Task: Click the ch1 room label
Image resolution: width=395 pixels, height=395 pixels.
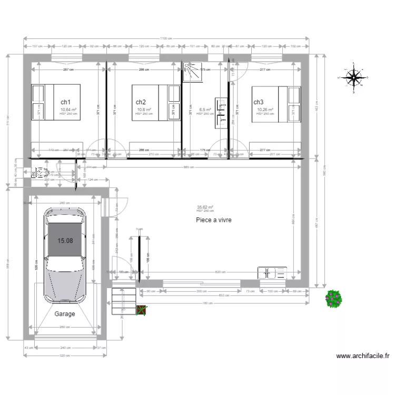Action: [x=66, y=102]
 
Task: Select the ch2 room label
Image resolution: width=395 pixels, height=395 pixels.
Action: [x=141, y=102]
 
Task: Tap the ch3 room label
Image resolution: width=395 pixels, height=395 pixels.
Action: [x=258, y=102]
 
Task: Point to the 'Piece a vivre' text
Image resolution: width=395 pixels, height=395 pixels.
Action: [x=213, y=220]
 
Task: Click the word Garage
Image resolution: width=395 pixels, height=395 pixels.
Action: [x=65, y=314]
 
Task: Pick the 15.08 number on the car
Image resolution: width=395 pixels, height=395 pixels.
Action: [x=65, y=241]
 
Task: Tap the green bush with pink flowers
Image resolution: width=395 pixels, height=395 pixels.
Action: [x=334, y=299]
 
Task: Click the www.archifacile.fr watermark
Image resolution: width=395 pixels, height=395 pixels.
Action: [x=363, y=356]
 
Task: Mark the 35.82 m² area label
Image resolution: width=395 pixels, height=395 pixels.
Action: [x=205, y=208]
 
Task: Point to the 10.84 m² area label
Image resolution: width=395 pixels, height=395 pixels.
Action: [x=68, y=110]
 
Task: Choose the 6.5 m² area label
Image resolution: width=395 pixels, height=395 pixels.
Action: [x=205, y=110]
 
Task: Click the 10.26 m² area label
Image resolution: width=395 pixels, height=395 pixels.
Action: [x=265, y=110]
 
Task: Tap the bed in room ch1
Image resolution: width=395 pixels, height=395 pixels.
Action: [x=56, y=102]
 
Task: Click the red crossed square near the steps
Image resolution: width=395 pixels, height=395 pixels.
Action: [x=141, y=311]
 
